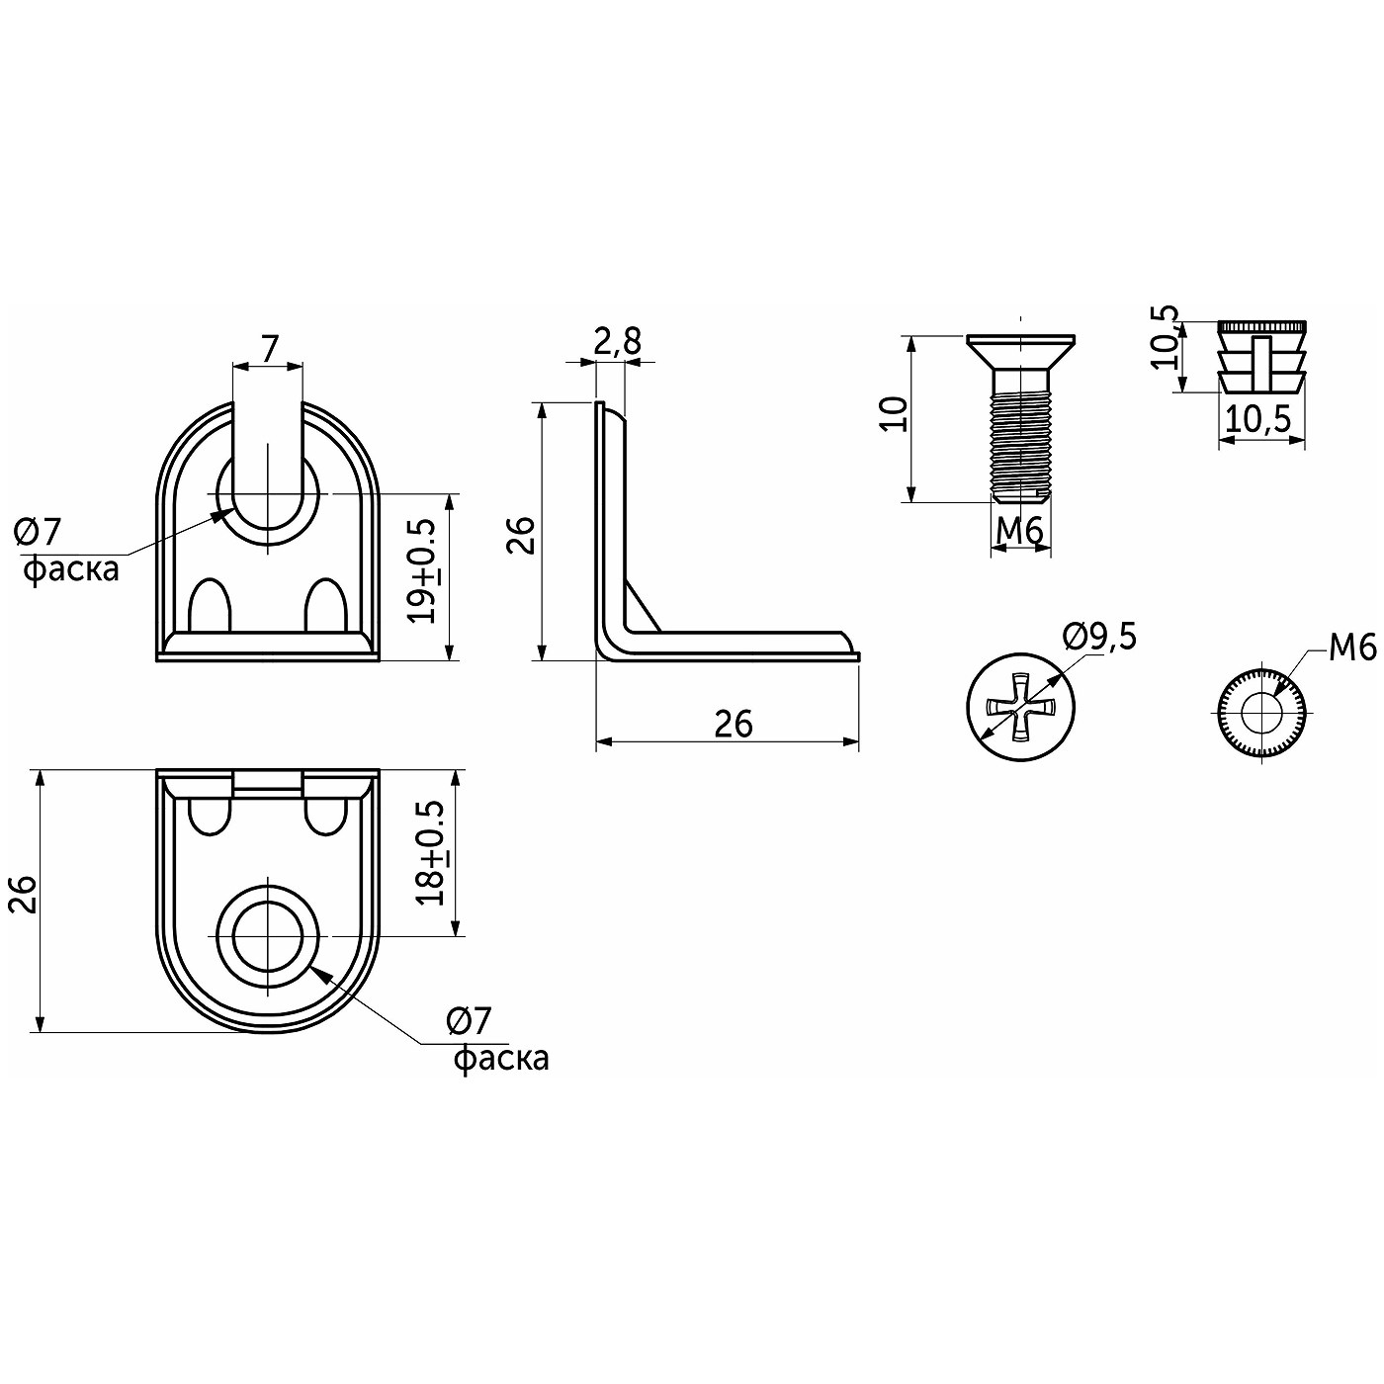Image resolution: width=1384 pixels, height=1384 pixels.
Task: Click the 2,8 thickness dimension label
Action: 617,343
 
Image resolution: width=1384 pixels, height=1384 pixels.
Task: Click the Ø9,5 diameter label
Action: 1099,638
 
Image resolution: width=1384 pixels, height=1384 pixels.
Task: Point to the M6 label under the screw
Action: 1020,531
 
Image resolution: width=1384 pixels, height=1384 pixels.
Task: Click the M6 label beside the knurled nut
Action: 1351,649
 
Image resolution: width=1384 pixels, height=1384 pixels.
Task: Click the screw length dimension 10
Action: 895,413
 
